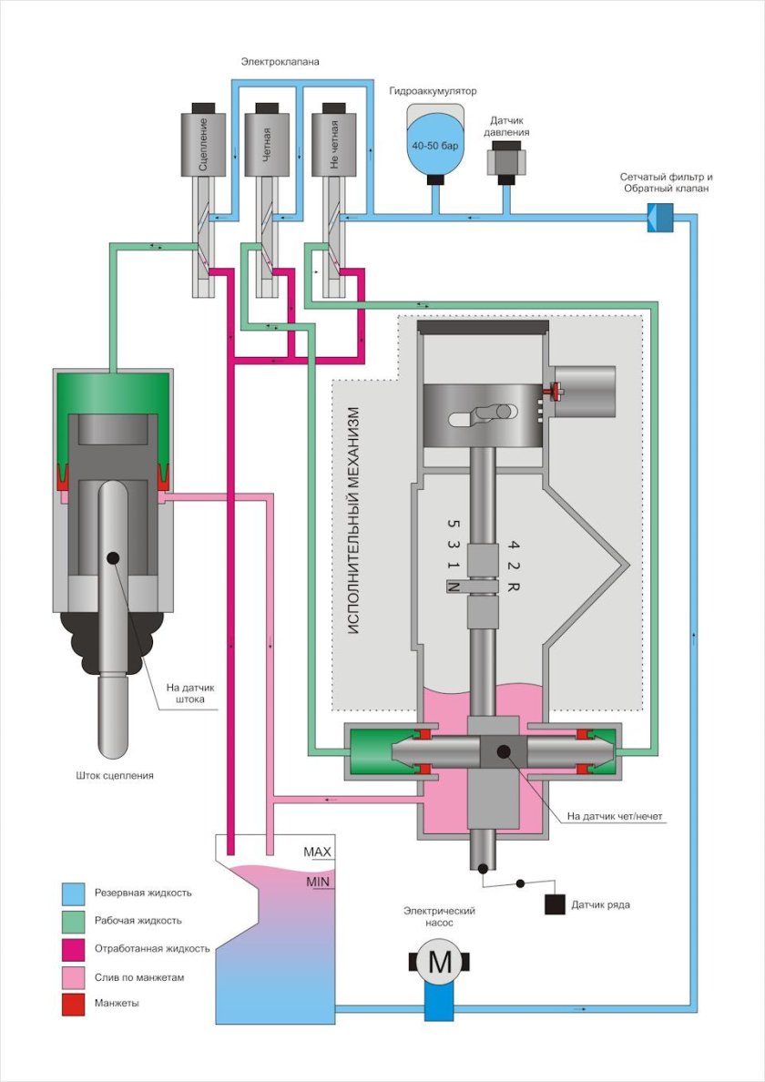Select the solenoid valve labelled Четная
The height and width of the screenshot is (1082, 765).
click(x=266, y=144)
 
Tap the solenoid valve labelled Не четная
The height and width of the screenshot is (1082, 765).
click(x=332, y=144)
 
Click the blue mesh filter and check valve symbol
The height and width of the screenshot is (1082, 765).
click(x=658, y=218)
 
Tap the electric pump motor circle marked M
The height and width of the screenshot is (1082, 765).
click(x=439, y=960)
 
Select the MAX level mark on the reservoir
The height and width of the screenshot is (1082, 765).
click(x=317, y=852)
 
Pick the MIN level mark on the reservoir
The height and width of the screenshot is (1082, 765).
click(x=317, y=881)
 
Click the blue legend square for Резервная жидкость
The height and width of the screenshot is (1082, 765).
click(x=74, y=893)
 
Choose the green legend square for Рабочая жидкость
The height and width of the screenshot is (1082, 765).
click(x=74, y=920)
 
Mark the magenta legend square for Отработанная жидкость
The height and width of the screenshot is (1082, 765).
click(x=74, y=948)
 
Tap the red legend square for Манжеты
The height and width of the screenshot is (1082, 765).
click(x=74, y=1003)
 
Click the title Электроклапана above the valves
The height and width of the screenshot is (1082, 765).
click(x=280, y=61)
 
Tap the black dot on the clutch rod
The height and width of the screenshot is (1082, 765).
click(x=113, y=557)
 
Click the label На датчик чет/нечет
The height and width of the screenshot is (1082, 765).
click(x=615, y=816)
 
